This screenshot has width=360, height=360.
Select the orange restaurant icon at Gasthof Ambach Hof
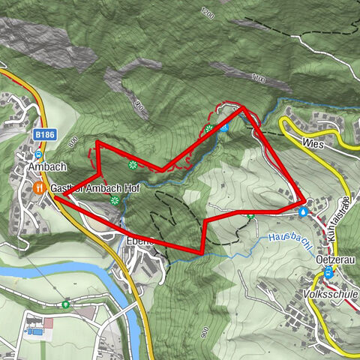[x=45, y=187]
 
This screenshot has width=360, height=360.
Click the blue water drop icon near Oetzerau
[x=302, y=212]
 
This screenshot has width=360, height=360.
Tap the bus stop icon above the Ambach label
[x=37, y=154]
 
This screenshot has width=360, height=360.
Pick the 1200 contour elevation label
[x=208, y=13]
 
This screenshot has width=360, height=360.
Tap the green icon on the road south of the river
[x=66, y=304]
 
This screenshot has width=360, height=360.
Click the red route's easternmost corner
[x=304, y=201]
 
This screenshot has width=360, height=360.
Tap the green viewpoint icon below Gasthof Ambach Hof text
[x=114, y=199]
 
